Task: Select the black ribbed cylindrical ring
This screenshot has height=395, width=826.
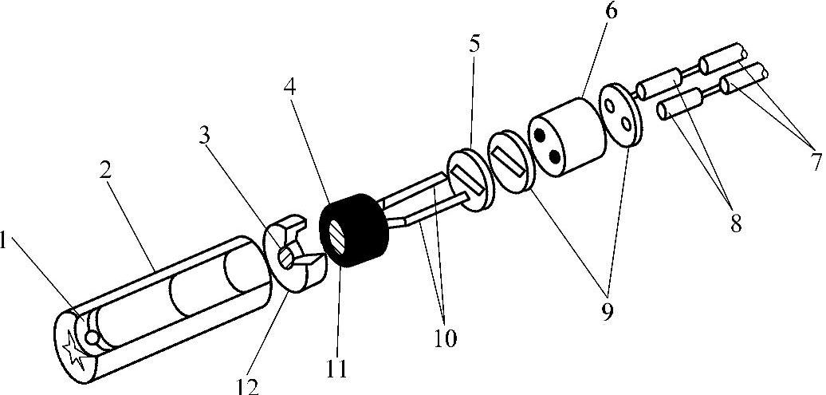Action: pyautogui.click(x=354, y=228)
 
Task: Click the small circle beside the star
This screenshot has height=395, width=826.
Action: pyautogui.click(x=92, y=338)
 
